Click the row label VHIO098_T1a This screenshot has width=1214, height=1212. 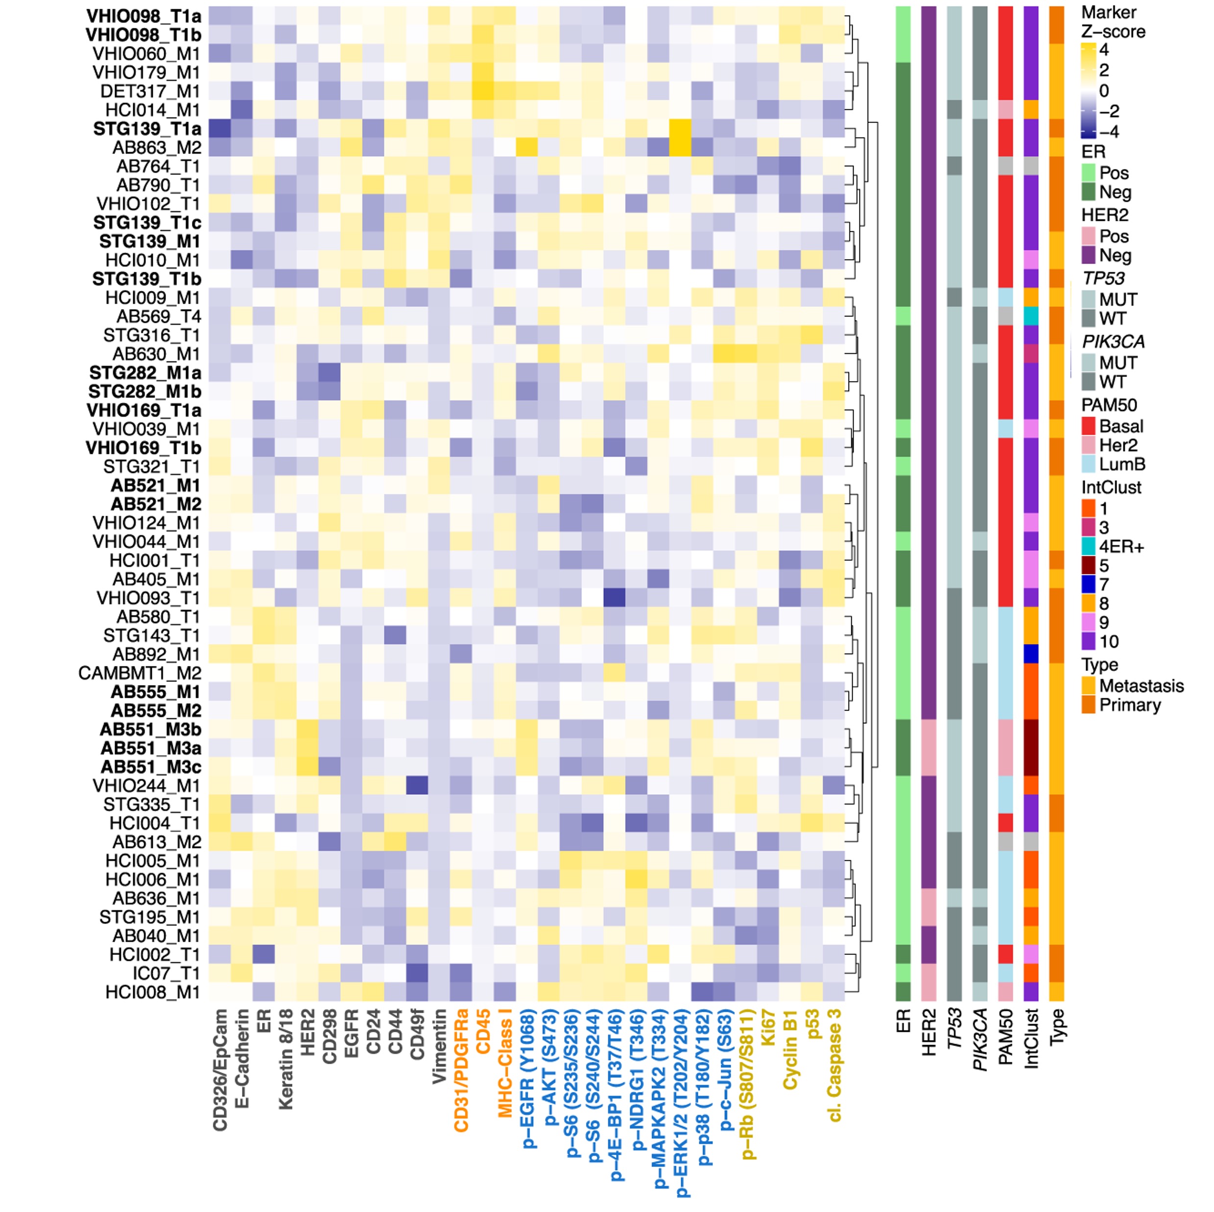click(143, 16)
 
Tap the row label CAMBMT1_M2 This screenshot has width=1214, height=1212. click(140, 673)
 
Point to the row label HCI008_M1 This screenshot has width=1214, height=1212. click(152, 992)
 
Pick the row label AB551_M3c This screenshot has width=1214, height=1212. click(151, 767)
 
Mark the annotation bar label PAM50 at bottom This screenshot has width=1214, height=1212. click(1006, 1037)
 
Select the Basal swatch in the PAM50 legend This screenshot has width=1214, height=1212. click(1088, 426)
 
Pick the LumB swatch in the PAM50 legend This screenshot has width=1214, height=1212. click(1088, 464)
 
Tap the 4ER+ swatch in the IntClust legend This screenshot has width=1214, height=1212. click(1088, 547)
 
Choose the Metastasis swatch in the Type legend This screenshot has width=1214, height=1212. click(1088, 686)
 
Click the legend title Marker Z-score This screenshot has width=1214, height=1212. click(1113, 22)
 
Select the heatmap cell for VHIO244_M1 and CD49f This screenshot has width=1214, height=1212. click(417, 785)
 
